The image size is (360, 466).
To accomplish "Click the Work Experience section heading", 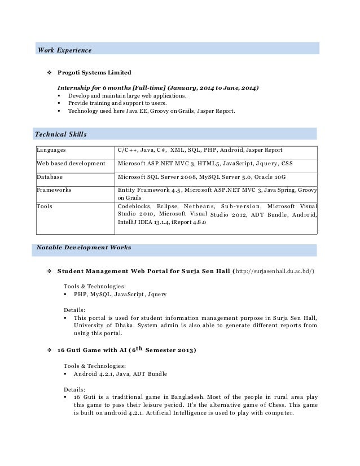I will point(64,50).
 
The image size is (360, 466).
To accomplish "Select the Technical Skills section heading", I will point(61,134).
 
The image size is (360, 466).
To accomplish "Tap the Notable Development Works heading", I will point(84,247).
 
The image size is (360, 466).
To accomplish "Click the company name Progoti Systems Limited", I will point(94,73).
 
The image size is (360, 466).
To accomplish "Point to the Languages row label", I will point(51,150).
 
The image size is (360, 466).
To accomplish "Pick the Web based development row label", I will point(71,164).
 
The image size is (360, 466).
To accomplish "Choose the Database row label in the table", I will point(50,177).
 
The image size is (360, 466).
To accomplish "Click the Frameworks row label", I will point(54,190).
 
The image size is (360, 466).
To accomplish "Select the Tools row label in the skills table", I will point(45,206).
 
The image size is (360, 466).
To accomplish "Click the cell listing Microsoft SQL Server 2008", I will point(202,177).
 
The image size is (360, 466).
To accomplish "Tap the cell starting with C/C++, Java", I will point(200,150).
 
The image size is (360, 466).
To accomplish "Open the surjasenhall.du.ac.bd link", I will point(275,271).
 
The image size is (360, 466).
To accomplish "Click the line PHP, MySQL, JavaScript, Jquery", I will point(120,294).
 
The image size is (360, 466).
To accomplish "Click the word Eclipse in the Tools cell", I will point(167,206).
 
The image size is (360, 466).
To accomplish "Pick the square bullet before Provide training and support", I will point(59,104).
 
